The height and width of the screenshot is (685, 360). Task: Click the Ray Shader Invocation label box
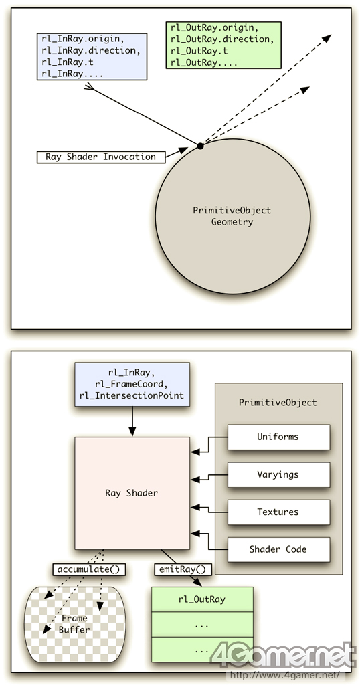click(x=101, y=157)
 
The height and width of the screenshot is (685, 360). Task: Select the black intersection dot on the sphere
click(x=200, y=145)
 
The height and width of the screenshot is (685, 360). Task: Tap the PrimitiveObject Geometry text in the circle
click(x=232, y=216)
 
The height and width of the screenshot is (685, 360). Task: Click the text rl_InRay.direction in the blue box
click(x=91, y=50)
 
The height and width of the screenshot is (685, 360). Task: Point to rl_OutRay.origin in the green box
click(x=212, y=28)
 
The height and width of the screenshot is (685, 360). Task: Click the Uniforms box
click(x=279, y=437)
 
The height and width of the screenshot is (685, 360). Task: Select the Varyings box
click(x=279, y=474)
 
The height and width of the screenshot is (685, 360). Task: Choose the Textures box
click(x=279, y=512)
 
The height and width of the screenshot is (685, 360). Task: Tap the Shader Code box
click(x=279, y=549)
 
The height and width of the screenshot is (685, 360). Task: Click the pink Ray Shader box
click(x=132, y=493)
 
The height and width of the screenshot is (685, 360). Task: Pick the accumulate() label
click(x=89, y=569)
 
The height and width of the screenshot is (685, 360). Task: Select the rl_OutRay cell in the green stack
click(x=202, y=599)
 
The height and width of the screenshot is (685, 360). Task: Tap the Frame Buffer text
click(x=74, y=624)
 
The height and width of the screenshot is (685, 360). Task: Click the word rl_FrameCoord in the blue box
click(x=132, y=384)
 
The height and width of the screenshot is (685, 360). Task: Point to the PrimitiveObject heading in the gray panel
click(x=278, y=402)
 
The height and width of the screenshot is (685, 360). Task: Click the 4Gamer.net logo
click(x=284, y=655)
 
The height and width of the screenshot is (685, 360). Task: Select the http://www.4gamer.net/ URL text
click(x=288, y=675)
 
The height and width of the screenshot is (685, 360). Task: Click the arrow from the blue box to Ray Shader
click(x=132, y=421)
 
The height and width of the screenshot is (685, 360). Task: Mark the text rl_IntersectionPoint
click(x=132, y=395)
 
